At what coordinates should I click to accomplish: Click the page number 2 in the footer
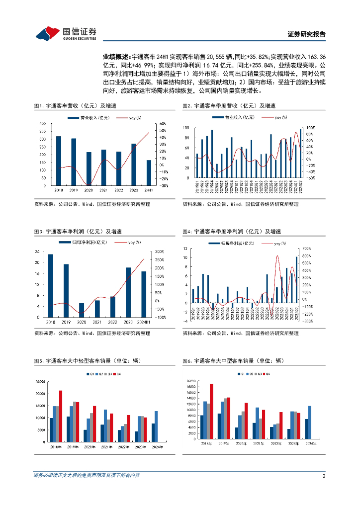click(324, 476)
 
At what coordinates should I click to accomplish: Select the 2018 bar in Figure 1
click(59, 161)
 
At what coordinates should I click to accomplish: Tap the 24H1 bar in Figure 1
click(149, 172)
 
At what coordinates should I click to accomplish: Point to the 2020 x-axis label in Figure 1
click(89, 190)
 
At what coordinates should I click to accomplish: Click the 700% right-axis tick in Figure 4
click(307, 248)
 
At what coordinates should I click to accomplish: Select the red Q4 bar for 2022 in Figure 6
click(280, 423)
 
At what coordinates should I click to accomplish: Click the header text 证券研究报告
click(307, 34)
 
